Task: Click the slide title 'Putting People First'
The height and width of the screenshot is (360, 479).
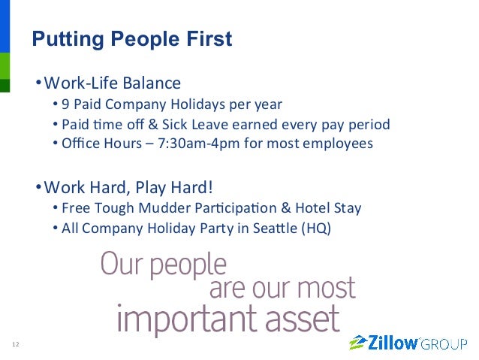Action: pos(131,39)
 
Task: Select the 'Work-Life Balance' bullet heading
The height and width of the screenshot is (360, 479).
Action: pos(112,83)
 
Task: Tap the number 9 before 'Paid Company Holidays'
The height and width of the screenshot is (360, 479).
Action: pos(66,104)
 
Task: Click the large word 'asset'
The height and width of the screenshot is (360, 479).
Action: pos(302,319)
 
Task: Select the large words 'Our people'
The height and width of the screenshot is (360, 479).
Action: pos(162,264)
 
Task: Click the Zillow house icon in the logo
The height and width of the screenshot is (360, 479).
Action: pos(358,343)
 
